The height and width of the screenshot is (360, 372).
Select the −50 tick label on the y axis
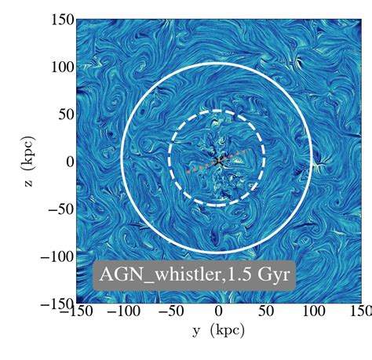(170, 313)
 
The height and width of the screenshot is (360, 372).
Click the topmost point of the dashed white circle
(217, 111)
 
